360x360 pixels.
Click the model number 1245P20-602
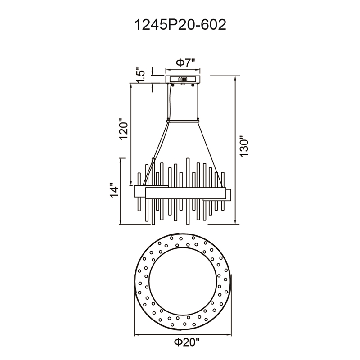point(180,25)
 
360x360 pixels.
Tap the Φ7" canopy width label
point(185,63)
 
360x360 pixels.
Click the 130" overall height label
point(244,147)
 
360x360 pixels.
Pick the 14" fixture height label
point(114,190)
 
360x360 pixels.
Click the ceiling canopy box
point(183,79)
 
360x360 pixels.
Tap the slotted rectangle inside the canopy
point(183,80)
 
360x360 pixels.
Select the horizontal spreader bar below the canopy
point(183,121)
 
